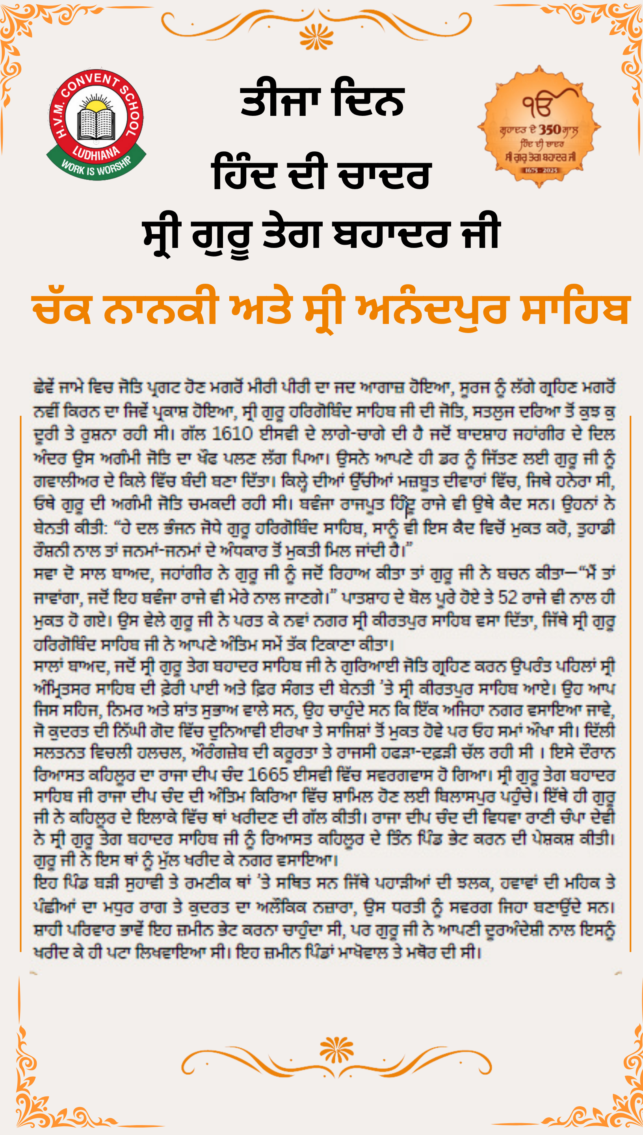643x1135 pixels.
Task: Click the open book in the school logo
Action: [x=96, y=125]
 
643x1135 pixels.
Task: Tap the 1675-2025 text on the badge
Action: [x=541, y=170]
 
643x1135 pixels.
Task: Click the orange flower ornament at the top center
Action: [x=316, y=37]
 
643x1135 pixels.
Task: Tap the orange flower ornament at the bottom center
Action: [x=336, y=1050]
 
